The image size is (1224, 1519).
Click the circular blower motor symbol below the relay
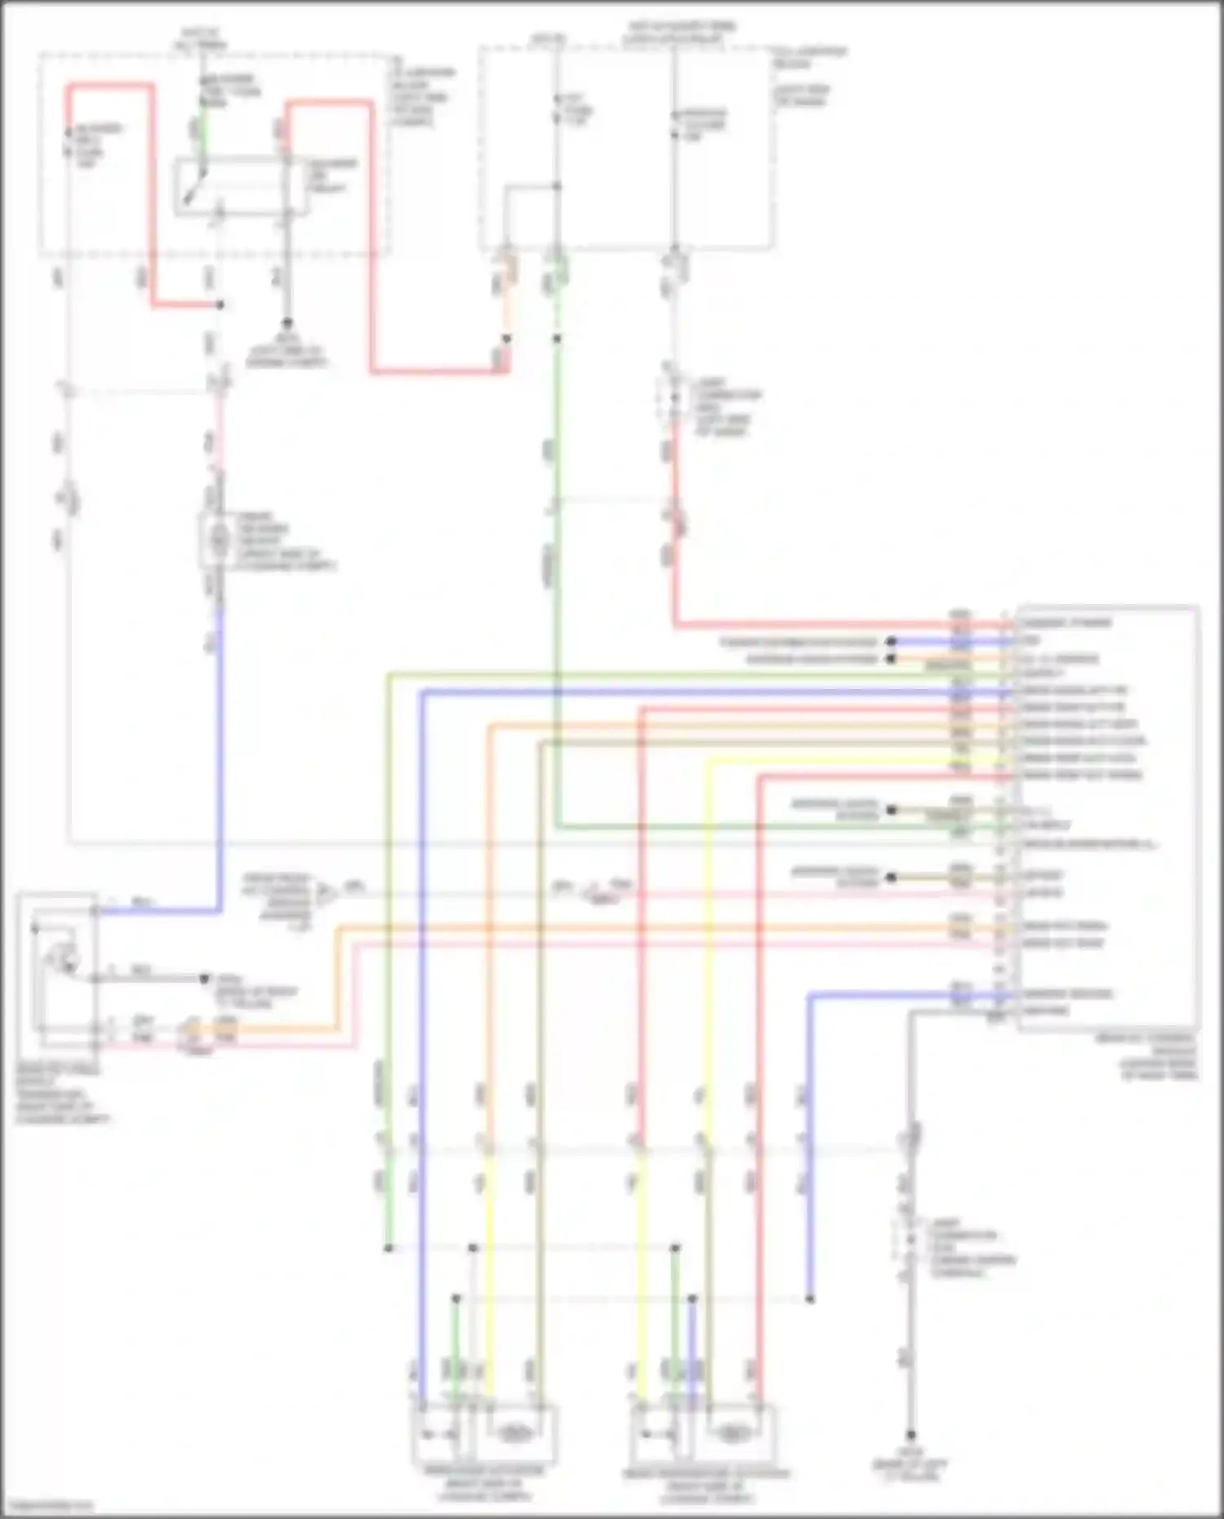coord(218,539)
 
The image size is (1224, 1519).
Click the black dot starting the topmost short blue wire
coord(892,642)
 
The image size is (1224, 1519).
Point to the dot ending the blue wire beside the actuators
coord(810,1298)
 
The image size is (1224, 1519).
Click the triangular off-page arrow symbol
coord(326,895)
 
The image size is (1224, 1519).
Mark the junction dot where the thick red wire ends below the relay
coord(219,305)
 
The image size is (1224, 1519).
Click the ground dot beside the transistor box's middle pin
coord(207,978)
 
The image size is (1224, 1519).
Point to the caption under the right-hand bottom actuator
coord(705,1485)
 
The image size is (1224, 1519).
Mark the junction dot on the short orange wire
coord(506,338)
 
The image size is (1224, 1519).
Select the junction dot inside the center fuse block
coord(557,186)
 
